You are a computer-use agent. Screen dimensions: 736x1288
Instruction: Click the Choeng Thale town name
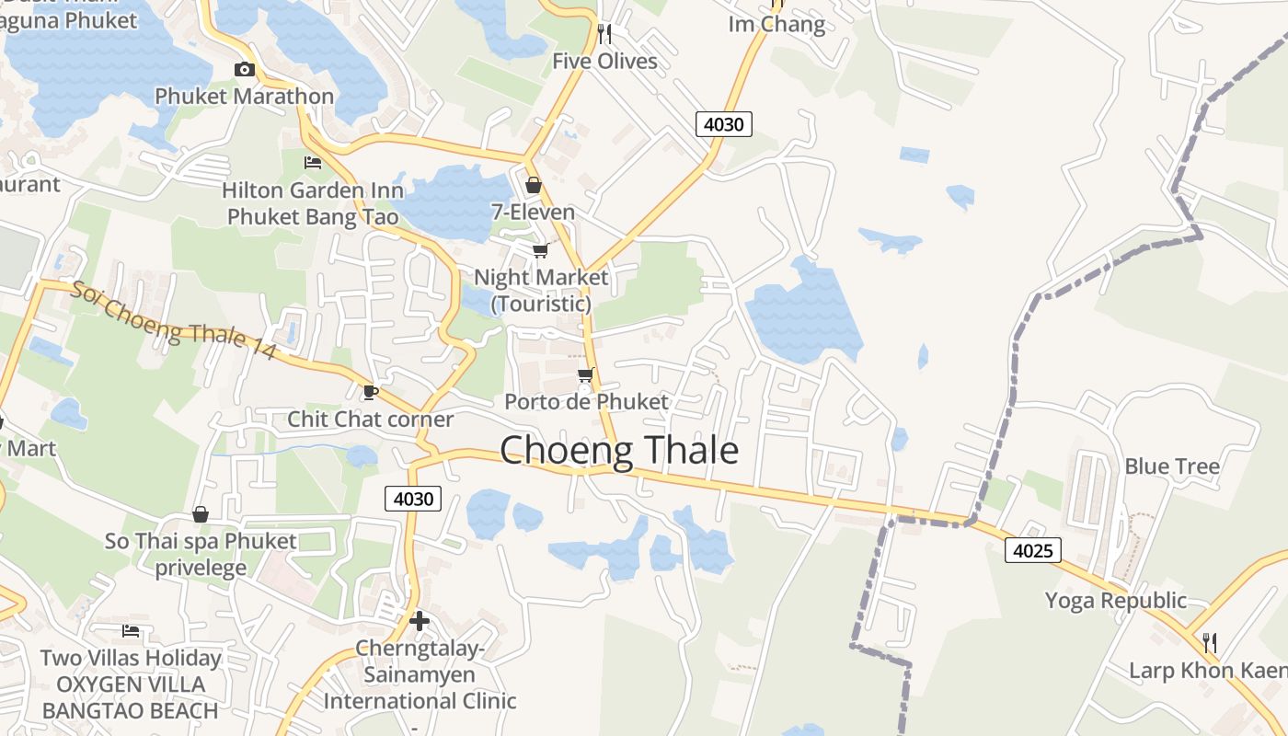tap(619, 451)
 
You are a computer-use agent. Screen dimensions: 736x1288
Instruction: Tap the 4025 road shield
tap(1033, 550)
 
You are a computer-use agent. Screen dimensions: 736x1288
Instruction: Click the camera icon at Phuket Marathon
tap(244, 69)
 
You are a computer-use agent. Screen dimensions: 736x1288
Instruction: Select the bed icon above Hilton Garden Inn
tap(313, 163)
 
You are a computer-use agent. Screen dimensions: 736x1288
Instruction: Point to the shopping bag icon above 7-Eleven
tap(533, 185)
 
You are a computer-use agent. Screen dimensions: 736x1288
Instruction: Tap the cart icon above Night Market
tap(541, 250)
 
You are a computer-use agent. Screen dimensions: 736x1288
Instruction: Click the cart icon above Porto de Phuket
tap(585, 375)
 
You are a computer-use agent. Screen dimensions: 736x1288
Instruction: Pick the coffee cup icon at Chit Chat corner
tap(370, 393)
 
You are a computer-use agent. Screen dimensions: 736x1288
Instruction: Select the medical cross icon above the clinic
tap(420, 621)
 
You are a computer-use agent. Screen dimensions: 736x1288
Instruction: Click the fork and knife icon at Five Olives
tap(604, 34)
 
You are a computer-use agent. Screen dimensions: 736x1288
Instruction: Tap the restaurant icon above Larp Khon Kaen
tap(1210, 642)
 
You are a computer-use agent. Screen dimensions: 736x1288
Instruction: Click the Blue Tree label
tap(1172, 466)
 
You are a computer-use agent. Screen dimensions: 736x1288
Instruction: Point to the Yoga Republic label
tap(1115, 601)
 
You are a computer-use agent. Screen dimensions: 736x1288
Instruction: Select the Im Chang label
tap(776, 24)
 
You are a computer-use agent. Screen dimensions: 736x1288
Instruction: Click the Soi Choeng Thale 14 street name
tap(173, 320)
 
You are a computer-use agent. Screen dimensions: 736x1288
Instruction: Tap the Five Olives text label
tap(604, 62)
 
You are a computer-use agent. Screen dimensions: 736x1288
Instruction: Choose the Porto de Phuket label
tap(586, 402)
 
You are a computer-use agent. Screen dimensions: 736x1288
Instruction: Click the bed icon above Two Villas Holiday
tap(131, 631)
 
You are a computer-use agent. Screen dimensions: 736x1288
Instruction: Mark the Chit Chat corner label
tap(371, 420)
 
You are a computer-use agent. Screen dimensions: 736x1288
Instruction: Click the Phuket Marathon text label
tap(244, 96)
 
